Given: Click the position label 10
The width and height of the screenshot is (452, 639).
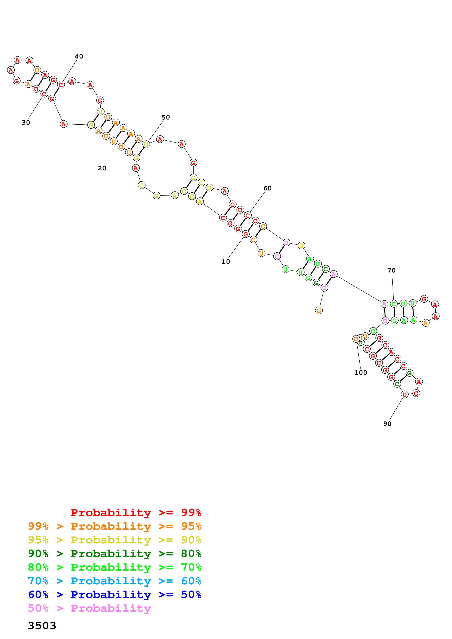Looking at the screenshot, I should pos(226,262).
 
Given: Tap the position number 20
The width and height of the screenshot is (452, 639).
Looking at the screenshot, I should pos(102,168).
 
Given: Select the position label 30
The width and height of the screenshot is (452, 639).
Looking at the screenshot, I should pos(26,122).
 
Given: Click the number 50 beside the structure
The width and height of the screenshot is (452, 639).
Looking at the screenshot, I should pos(166,117).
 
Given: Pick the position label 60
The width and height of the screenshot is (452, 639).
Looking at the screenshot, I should pos(267,188).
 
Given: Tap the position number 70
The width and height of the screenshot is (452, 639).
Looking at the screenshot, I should pos(391,270).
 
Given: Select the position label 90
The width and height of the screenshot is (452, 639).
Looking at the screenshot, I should pos(387,424).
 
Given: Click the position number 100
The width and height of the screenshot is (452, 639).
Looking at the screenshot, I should pos(361,372).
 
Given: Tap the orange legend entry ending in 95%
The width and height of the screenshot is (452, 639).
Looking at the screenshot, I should pos(115,526).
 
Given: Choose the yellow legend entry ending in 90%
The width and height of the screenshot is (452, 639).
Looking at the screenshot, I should pos(115,540).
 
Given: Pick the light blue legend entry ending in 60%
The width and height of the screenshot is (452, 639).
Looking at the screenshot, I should pos(115,581).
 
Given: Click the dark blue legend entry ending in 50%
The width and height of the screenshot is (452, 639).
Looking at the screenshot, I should pos(115,595).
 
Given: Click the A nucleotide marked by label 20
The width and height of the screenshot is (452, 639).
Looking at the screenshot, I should pos(136,168).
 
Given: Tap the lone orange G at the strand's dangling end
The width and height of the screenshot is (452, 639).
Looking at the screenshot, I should pos(319,310).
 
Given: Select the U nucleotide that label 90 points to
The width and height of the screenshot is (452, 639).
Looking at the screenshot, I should pos(405,394).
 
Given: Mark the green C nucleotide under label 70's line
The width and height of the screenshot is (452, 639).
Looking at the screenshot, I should pos(393,304).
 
